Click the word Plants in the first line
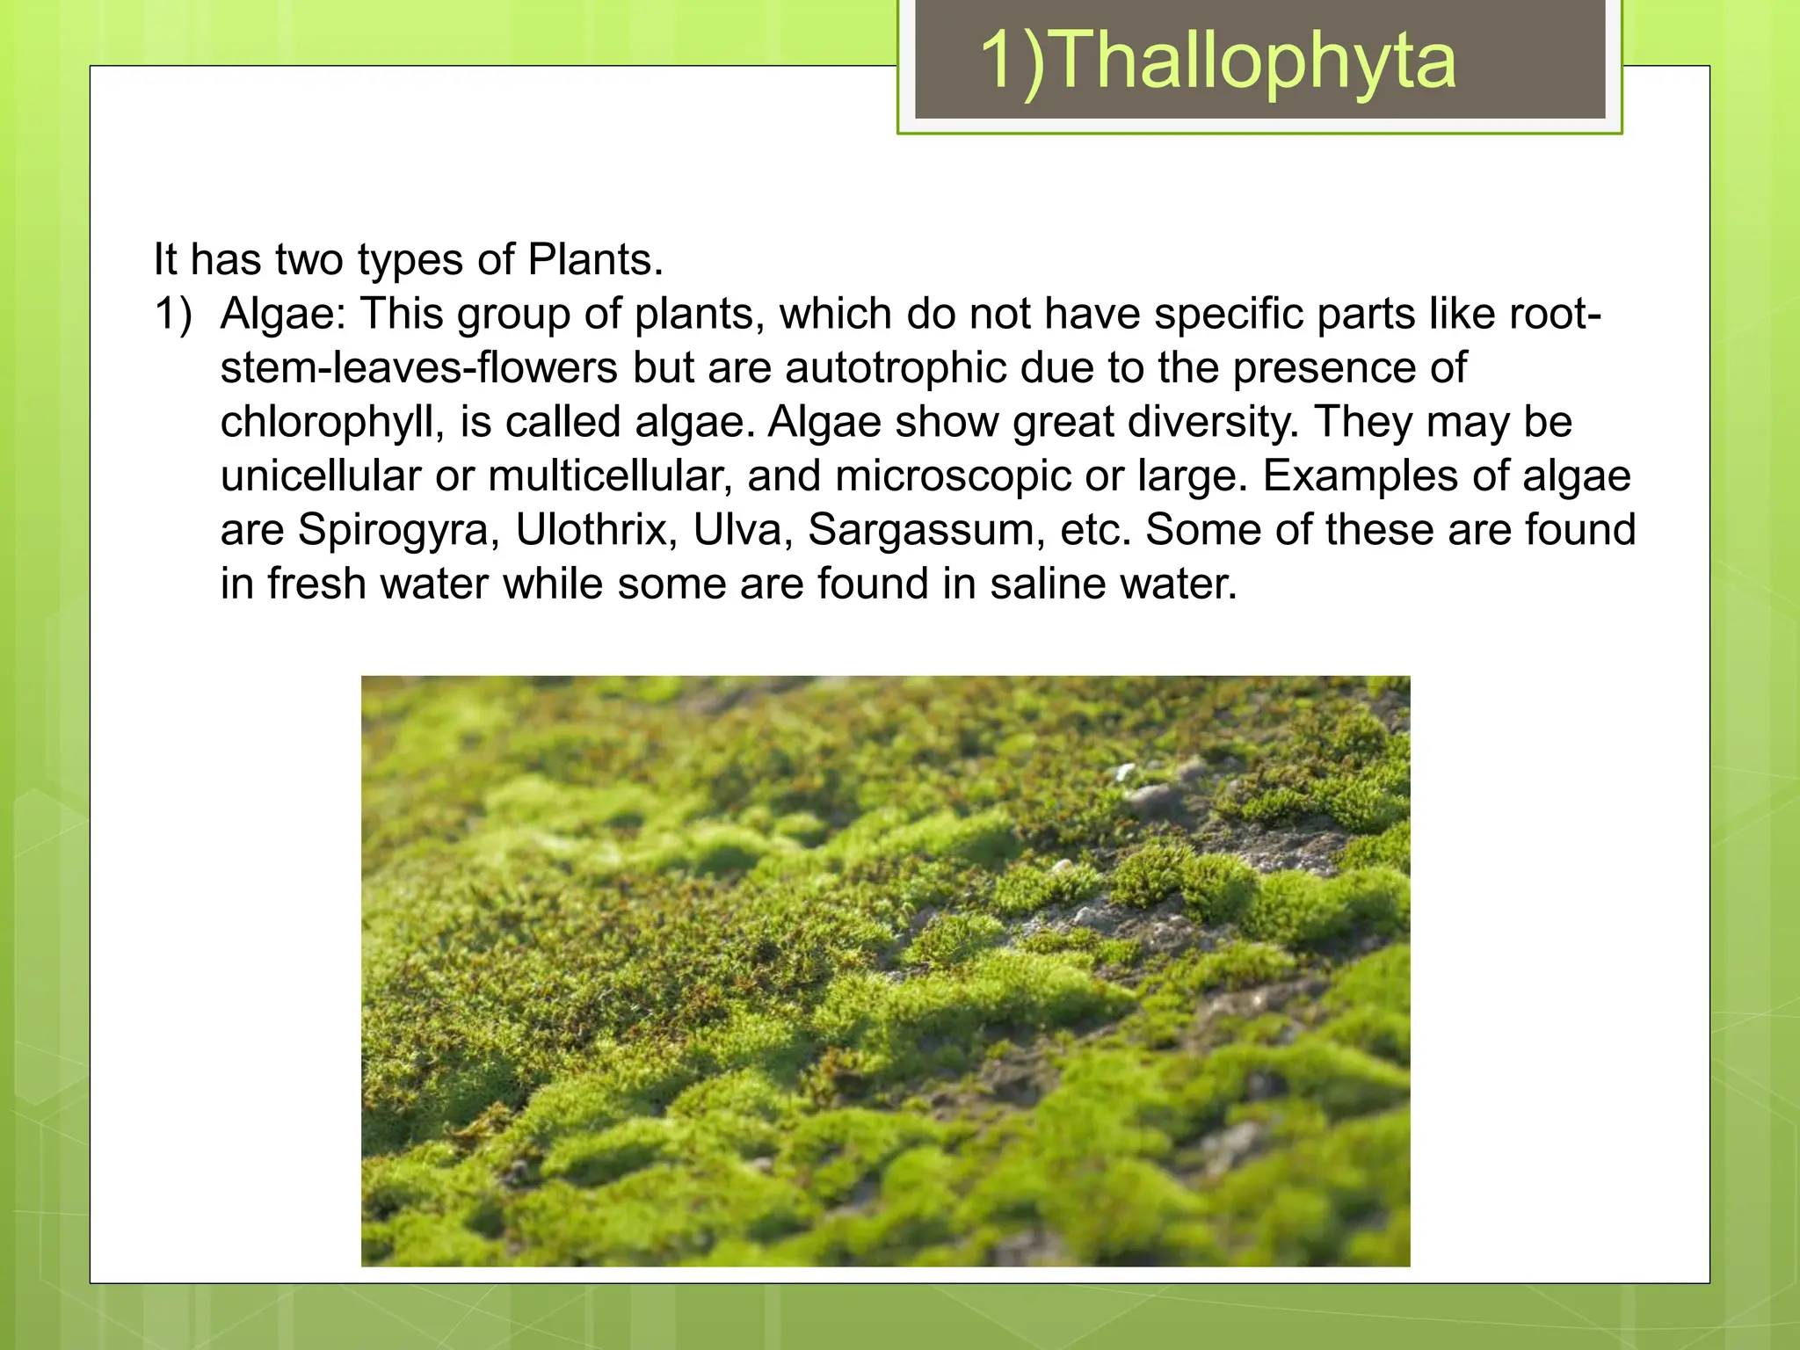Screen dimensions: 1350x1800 point(594,260)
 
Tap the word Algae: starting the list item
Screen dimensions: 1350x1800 point(283,315)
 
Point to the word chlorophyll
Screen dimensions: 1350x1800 point(326,423)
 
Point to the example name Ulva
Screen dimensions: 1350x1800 point(743,531)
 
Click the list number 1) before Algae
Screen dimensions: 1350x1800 point(173,315)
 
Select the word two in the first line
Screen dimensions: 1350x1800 point(308,260)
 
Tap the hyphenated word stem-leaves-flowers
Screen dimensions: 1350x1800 point(418,368)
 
